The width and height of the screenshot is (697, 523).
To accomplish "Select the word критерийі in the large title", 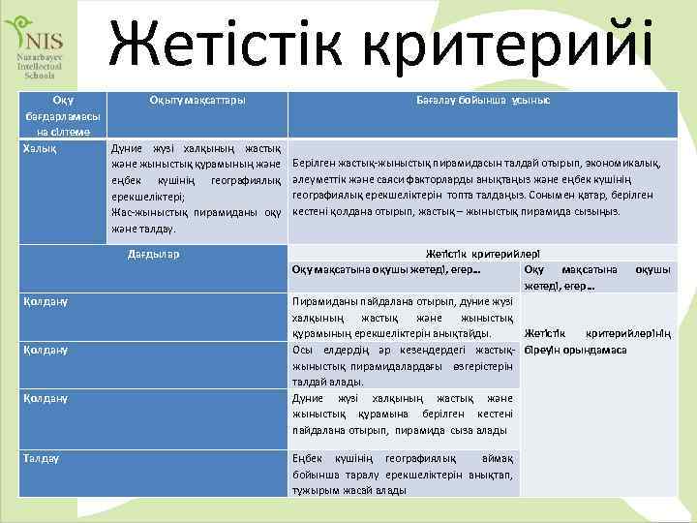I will (x=523, y=44).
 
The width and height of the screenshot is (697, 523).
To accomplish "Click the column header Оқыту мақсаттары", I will (x=197, y=101).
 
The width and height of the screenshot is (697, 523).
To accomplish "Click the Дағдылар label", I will (x=154, y=255).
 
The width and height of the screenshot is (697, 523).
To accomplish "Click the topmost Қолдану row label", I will (x=46, y=302).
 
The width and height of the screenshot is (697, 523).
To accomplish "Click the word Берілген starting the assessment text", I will (x=316, y=165).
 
